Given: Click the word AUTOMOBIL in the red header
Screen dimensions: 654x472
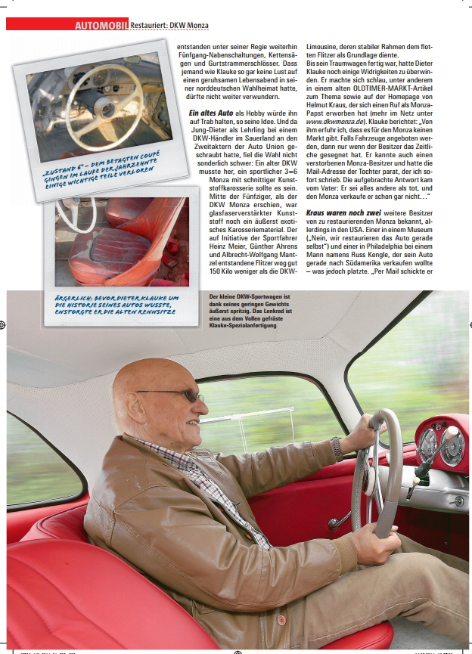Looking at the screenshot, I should coord(101,25).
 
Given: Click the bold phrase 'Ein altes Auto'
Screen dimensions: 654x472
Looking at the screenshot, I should coord(215,113).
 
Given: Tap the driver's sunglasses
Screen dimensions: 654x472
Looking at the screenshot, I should coord(175,394).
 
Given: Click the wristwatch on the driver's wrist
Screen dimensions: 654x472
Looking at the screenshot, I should coord(337,448).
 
